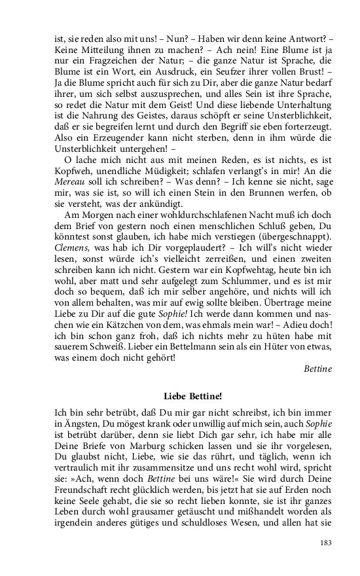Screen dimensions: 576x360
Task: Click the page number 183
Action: click(x=325, y=542)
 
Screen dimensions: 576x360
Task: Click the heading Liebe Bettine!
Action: click(x=193, y=396)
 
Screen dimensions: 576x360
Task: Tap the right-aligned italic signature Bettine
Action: click(x=317, y=369)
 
